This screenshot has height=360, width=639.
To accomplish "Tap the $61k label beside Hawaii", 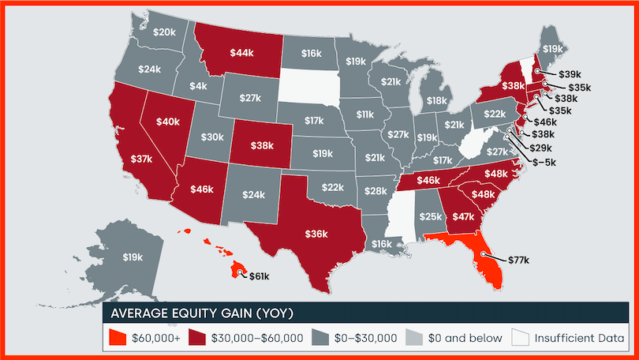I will click(x=260, y=276).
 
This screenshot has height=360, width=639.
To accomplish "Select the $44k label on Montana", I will click(x=241, y=52).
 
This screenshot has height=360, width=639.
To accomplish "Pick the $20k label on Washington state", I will click(x=164, y=32).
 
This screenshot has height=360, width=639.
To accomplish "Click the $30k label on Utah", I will click(x=212, y=137).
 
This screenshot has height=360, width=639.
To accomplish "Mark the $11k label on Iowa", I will click(x=364, y=114).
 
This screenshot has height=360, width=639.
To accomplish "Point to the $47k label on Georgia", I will click(x=461, y=214).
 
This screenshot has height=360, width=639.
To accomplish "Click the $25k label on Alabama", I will click(x=430, y=216).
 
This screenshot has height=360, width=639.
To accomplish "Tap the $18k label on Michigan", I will click(x=436, y=100).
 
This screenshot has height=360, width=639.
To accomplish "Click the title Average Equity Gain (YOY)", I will click(x=202, y=313).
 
